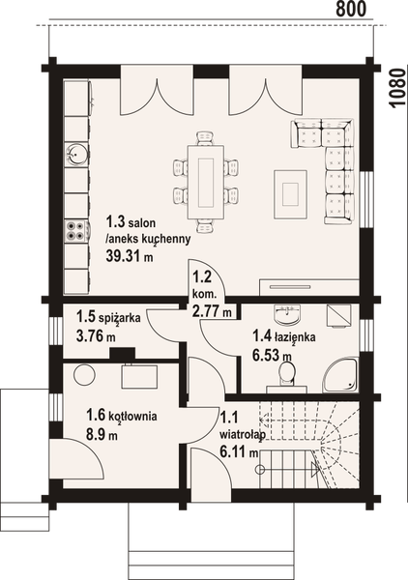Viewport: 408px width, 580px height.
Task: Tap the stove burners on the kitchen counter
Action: [x=76, y=230]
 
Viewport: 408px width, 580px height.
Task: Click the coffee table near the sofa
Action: [x=291, y=188]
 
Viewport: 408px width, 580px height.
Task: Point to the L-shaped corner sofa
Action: [x=332, y=164]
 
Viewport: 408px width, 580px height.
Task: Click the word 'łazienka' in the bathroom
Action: [x=289, y=336]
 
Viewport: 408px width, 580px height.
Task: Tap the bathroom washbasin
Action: [x=287, y=315]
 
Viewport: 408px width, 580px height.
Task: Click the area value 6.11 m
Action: [x=235, y=450]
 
